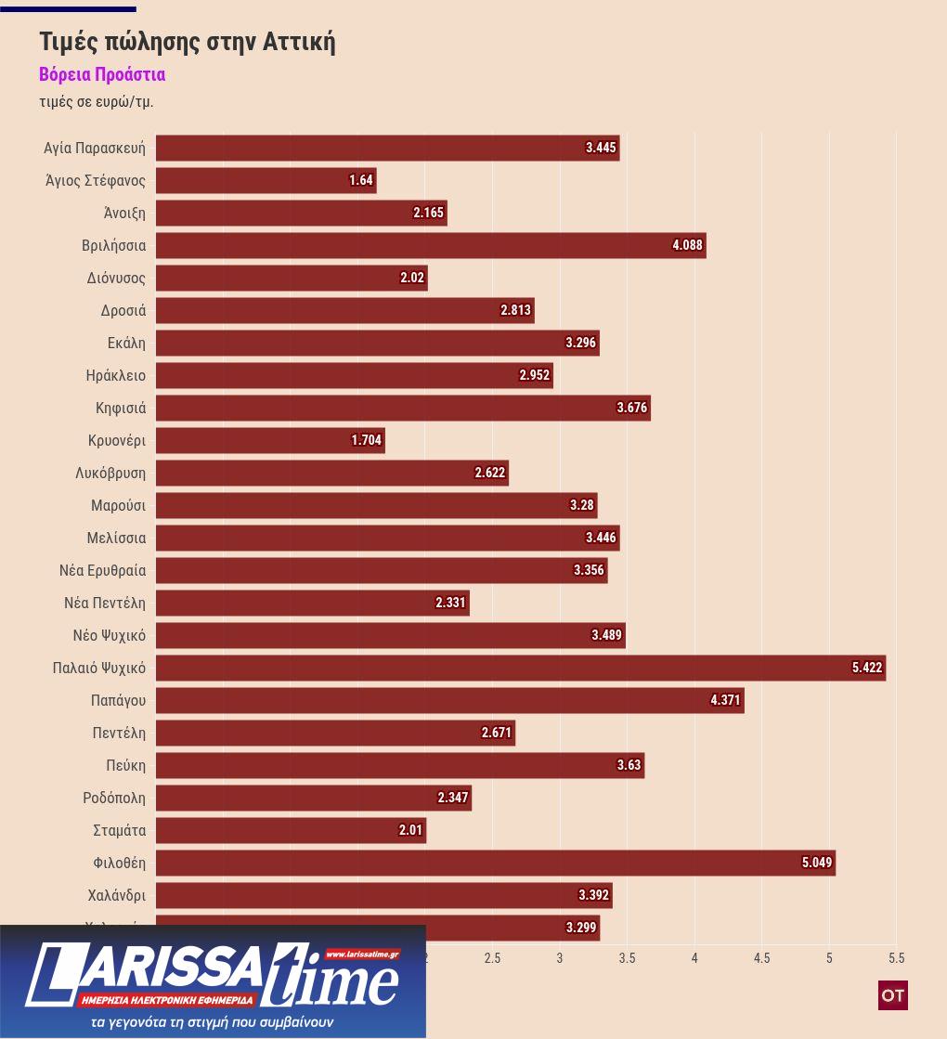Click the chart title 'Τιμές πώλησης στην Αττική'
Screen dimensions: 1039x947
187,42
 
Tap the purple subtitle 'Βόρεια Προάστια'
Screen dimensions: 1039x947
102,74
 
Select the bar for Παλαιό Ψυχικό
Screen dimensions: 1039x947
520,668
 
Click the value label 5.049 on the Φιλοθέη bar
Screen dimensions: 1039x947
817,863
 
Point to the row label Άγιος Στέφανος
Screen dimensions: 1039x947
96,180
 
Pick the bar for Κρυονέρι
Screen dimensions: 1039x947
269,440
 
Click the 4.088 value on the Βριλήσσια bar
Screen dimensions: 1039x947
688,245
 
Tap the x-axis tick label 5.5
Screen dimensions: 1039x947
896,958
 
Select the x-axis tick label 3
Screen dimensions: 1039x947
560,958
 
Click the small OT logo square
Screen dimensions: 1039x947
892,995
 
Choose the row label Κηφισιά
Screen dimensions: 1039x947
121,408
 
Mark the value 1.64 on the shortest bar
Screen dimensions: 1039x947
361,180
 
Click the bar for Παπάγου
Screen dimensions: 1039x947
449,700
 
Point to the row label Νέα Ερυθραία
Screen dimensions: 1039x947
102,570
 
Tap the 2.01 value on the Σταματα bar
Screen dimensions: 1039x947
410,830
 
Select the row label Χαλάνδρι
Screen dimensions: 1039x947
116,895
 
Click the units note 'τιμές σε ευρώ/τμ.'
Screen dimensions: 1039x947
97,101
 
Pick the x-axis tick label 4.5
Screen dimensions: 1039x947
761,958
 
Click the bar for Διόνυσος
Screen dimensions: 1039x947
291,278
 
